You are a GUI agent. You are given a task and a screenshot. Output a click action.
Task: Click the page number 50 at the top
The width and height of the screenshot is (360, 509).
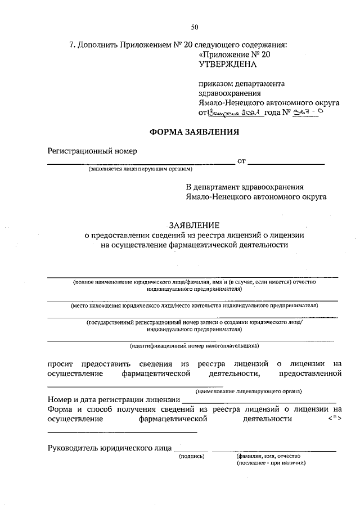coord(195,27)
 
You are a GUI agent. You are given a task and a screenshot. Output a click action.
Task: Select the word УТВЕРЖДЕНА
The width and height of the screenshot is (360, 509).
coord(227,64)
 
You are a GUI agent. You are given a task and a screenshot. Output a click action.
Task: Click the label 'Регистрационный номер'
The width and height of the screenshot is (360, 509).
coord(92,151)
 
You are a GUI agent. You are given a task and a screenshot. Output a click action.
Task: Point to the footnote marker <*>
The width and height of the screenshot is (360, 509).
coord(335,419)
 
